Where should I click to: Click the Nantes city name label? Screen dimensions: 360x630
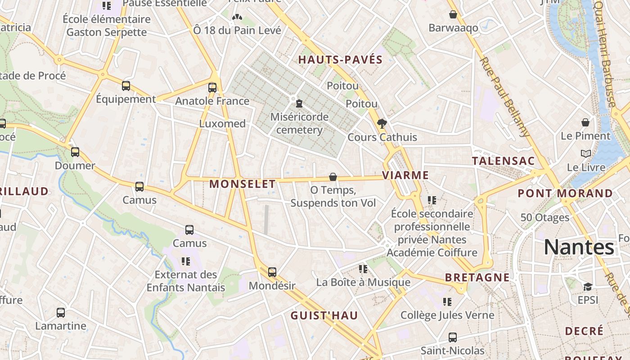point(579,247)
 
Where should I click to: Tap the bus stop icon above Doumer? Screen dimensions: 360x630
point(75,152)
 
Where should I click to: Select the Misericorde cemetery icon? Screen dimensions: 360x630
point(299,103)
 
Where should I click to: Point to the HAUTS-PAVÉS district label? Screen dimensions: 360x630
point(340,59)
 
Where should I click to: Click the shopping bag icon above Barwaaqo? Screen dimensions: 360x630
point(453,15)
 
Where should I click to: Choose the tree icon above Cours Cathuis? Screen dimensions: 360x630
point(382,123)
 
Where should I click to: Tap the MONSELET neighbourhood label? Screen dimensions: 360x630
point(243,184)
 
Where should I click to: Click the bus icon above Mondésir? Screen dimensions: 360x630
point(272,272)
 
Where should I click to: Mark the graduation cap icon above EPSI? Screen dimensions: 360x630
point(588,287)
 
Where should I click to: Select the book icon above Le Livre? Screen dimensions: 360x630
point(585,154)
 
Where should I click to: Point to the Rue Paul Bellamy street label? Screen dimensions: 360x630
point(504,96)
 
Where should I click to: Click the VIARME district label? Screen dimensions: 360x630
point(405,175)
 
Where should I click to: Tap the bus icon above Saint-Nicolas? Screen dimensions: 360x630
point(453,337)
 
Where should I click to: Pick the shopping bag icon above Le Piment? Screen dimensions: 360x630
point(585,122)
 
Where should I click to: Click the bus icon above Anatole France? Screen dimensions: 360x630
point(212,87)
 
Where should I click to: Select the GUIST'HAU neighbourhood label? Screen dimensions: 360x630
point(324,315)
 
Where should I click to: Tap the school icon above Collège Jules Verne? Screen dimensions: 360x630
point(447,301)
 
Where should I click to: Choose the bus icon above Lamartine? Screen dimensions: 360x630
point(61,312)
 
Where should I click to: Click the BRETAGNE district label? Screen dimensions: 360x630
point(477,277)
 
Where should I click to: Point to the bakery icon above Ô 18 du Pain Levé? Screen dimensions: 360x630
point(237,18)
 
